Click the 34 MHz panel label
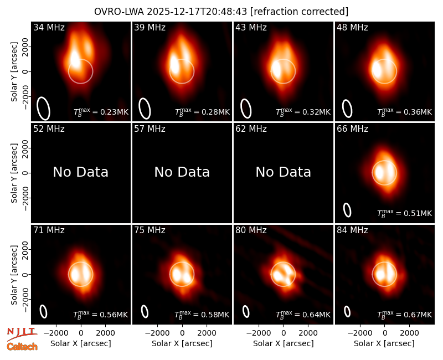pos(49,27)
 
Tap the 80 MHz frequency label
pos(251,230)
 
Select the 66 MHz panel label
pos(352,129)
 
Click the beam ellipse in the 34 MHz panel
pos(43,109)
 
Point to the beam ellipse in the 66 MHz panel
pos(347,210)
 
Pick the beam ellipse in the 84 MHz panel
pos(347,312)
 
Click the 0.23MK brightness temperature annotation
pos(101,112)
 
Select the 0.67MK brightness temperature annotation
pos(405,314)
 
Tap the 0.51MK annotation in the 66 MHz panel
pos(405,213)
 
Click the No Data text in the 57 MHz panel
pos(182,172)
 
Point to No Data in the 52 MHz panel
pos(81,172)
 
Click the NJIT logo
pos(22,333)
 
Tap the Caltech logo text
pos(22,347)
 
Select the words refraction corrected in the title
pos(299,12)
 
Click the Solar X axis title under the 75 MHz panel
pos(182,343)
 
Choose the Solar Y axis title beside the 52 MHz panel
pos(14,173)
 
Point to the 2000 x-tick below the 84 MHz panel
pos(409,333)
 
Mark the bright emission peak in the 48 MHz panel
pos(376,69)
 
